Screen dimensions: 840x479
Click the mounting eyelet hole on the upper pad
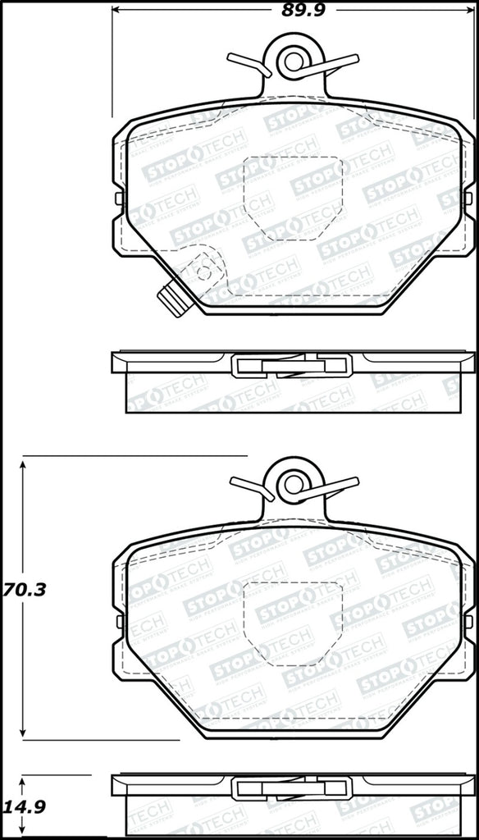[291, 60]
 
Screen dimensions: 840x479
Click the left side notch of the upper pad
[120, 199]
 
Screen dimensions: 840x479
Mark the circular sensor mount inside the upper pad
[203, 267]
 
